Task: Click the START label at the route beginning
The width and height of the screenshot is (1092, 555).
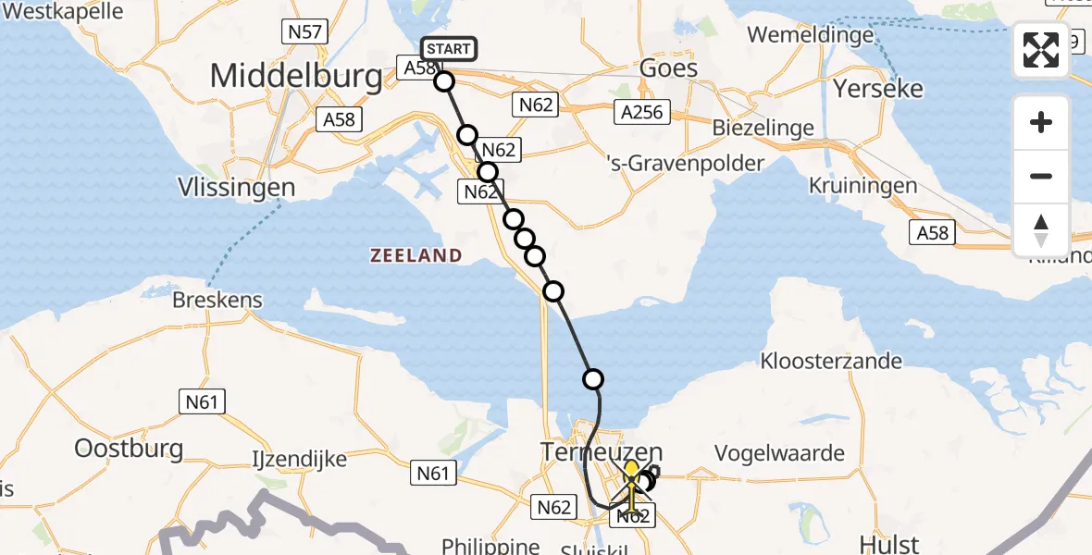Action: coord(449,49)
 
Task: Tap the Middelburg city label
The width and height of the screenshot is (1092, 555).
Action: coord(296,76)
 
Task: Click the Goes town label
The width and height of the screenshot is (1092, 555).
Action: coord(669,68)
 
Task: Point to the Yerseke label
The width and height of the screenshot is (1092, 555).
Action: coord(878,89)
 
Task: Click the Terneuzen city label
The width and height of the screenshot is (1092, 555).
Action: coord(601,453)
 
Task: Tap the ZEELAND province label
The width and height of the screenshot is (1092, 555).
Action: coord(416,255)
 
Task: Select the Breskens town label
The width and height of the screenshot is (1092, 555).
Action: coord(217,301)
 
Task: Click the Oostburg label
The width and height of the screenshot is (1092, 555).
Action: coord(129,450)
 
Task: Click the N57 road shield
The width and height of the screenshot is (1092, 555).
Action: coord(304,32)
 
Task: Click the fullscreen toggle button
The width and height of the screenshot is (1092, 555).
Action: coord(1041,50)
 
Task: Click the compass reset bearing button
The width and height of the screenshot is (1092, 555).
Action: coord(1041,230)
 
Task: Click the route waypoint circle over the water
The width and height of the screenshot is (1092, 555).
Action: coord(593,378)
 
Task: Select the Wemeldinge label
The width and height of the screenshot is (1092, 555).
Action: coord(810,35)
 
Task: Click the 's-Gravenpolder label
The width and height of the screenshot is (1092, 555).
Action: coord(685,164)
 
